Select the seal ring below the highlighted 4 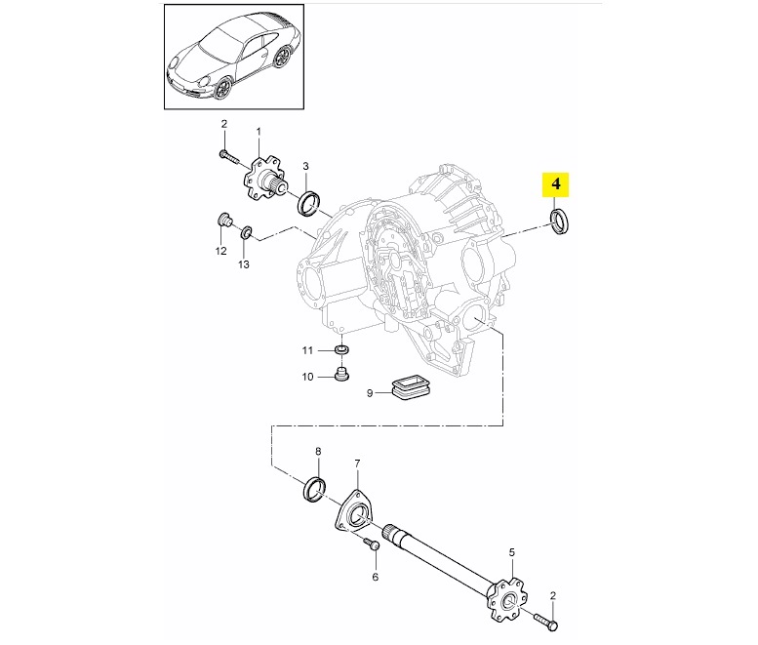(562, 222)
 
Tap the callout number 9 (370, 393)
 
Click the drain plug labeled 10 (340, 375)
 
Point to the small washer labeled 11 (341, 349)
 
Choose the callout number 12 (220, 251)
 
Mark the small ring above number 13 (246, 232)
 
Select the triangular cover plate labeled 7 (356, 510)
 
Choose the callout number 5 (511, 552)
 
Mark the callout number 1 (259, 130)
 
